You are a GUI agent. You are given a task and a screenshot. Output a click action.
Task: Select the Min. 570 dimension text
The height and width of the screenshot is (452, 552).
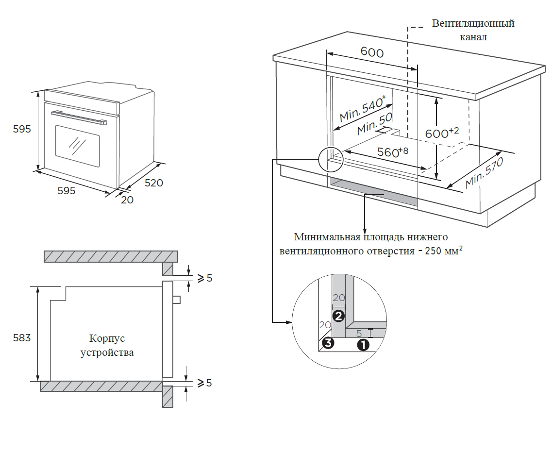[484, 173]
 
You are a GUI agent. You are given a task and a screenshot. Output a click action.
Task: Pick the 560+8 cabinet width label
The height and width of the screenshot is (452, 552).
[393, 152]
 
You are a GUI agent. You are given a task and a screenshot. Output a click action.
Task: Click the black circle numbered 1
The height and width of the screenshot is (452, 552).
[363, 345]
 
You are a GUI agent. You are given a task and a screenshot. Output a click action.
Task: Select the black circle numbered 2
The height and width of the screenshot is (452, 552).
[338, 317]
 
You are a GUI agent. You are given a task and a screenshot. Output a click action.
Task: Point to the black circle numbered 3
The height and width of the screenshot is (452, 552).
[328, 343]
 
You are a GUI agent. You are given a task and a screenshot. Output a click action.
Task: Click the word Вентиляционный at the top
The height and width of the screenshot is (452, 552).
[473, 23]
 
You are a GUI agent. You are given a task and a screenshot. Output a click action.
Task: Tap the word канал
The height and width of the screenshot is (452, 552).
[473, 37]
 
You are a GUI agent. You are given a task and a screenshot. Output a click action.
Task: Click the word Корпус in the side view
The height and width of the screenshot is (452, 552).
[107, 338]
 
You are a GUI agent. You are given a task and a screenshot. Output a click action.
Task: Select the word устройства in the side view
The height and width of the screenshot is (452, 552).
[107, 352]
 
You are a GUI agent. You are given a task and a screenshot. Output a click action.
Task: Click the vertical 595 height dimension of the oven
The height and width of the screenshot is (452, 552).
[22, 130]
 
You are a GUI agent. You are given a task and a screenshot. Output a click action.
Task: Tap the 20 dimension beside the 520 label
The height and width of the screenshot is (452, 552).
[127, 200]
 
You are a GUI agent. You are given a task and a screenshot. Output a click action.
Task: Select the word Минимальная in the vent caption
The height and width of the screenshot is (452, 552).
[327, 237]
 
